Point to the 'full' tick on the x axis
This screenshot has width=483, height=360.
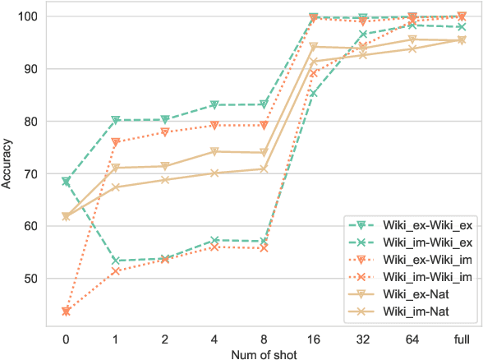click(x=462, y=336)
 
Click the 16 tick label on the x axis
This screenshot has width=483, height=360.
click(x=314, y=336)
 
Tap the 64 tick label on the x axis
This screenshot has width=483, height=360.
click(x=412, y=336)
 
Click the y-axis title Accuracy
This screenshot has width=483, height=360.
click(x=7, y=164)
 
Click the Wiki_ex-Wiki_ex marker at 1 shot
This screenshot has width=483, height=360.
click(x=116, y=120)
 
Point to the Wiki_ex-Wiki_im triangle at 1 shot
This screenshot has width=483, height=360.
click(x=116, y=142)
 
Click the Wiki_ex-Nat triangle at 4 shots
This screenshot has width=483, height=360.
click(x=214, y=151)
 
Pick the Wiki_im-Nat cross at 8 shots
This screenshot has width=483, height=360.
click(x=264, y=168)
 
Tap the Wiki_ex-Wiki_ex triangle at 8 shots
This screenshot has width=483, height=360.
click(x=264, y=104)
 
